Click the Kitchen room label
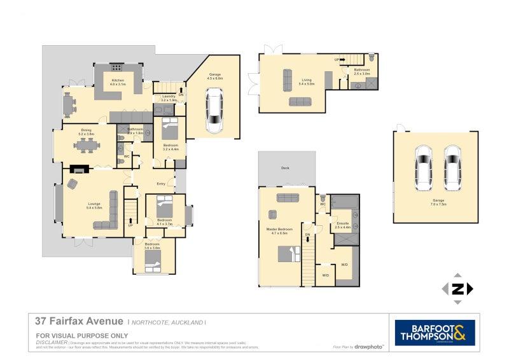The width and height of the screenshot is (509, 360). click(x=118, y=82)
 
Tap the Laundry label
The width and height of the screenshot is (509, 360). click(x=168, y=99)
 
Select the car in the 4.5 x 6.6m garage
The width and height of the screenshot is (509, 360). click(x=214, y=111)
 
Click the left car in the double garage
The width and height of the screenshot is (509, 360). click(x=422, y=167)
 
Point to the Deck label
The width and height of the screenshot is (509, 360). click(x=286, y=169)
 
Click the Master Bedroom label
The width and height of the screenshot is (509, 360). click(x=280, y=231)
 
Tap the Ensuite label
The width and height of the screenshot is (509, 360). click(x=342, y=225)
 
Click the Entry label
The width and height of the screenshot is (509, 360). click(x=161, y=184)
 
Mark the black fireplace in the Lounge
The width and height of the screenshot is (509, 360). click(x=80, y=169)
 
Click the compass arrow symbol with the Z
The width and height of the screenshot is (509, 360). click(x=457, y=289)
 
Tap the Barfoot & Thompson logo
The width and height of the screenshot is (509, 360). click(x=435, y=333)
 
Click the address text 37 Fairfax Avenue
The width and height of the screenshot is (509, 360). click(x=79, y=322)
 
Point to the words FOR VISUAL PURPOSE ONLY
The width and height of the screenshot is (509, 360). click(x=82, y=335)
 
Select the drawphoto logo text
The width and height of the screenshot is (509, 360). click(x=368, y=347)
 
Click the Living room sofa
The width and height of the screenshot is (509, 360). click(x=300, y=101)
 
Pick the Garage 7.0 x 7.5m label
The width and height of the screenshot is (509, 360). click(x=436, y=202)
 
